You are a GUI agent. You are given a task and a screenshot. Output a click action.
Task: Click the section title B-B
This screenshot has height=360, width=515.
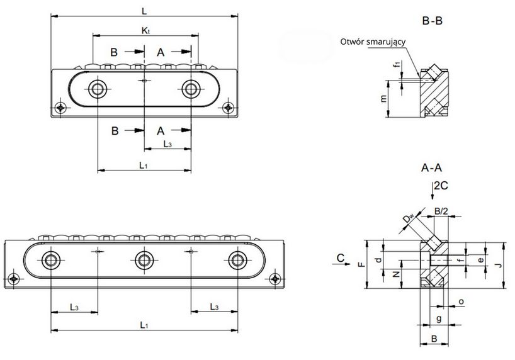point(432,21)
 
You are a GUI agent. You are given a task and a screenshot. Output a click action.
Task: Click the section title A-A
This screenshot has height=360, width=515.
point(432,168)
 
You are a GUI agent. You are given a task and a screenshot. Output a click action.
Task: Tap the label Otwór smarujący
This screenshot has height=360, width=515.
point(372,42)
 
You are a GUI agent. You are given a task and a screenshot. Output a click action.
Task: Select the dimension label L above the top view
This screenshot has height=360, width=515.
point(144,11)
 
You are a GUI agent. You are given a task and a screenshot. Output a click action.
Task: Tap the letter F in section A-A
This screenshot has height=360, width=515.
point(361,265)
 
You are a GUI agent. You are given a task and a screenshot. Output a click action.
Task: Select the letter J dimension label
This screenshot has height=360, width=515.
point(497,266)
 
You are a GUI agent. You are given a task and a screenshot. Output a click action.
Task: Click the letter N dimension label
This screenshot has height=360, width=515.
point(395,275)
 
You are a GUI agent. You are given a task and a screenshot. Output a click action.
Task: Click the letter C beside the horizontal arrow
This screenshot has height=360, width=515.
point(340,257)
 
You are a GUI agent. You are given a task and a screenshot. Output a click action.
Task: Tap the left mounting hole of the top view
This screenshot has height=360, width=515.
point(97,89)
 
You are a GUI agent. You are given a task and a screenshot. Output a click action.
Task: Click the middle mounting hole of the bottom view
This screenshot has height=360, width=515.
point(144,259)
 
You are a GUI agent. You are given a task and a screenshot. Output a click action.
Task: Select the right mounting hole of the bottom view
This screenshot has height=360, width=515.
point(237,259)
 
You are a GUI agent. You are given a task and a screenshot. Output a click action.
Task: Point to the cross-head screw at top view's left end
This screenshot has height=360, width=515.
point(60,108)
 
